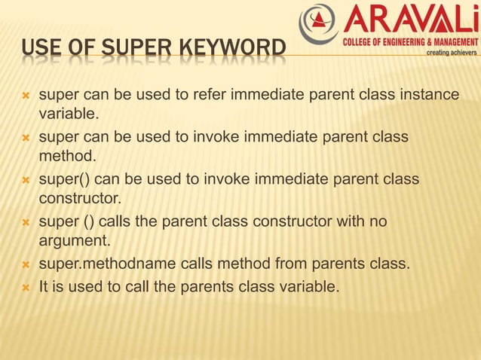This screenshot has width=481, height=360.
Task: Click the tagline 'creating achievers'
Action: tap(452, 53)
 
